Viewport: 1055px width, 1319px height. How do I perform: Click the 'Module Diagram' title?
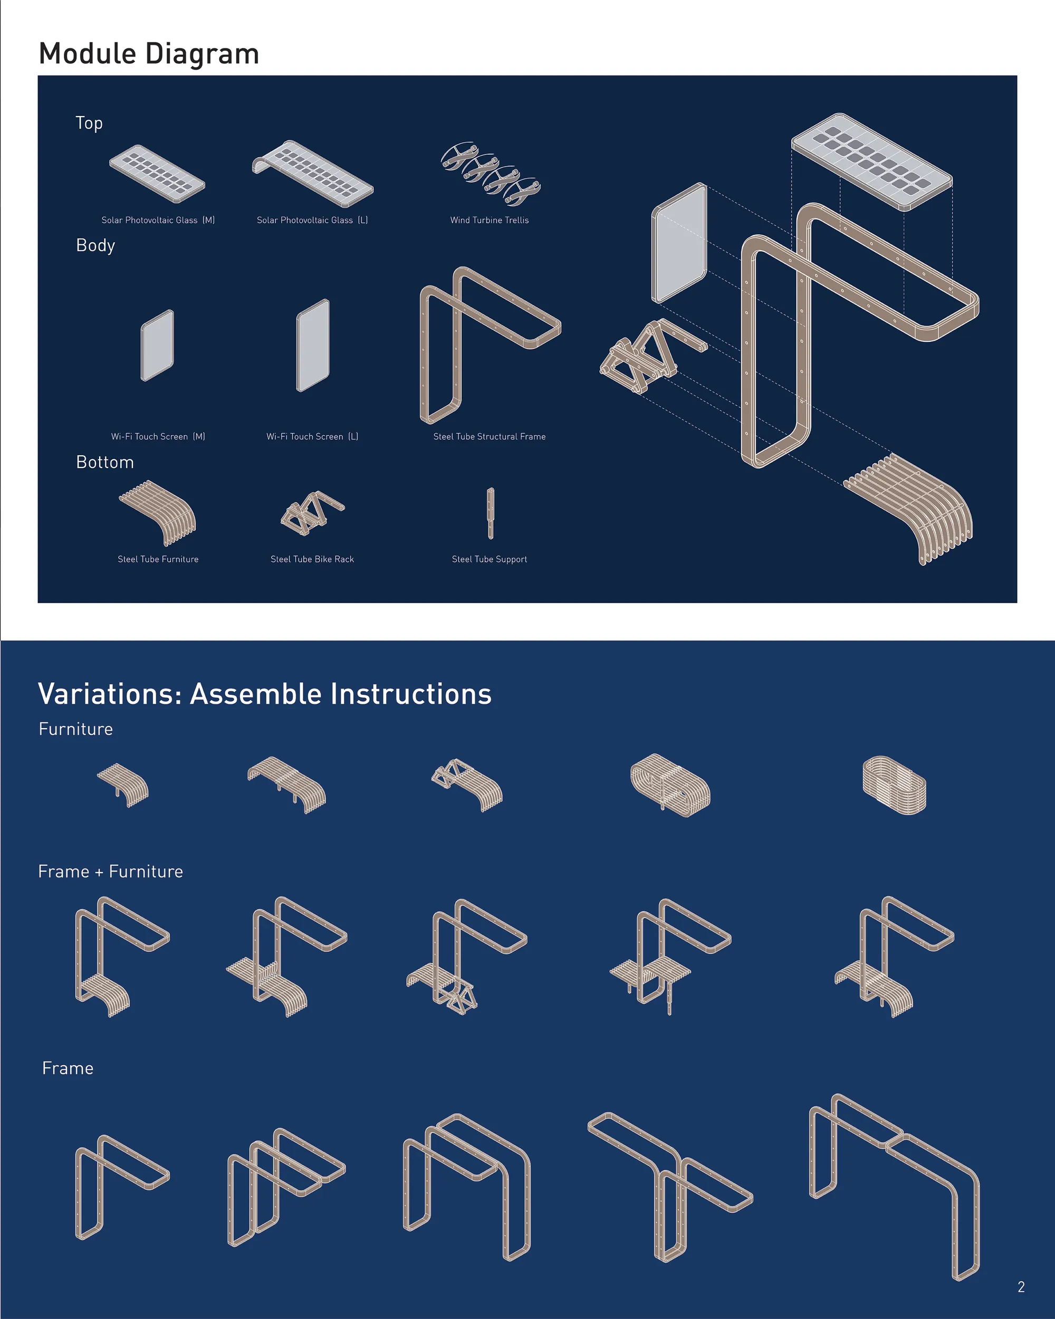coord(149,54)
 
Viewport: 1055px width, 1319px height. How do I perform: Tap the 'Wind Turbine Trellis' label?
coord(490,220)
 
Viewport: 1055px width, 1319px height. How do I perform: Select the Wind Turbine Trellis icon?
coord(491,174)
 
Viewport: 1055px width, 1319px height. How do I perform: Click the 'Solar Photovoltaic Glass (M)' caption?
coord(158,220)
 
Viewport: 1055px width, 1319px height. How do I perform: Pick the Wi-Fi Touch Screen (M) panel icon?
coord(157,346)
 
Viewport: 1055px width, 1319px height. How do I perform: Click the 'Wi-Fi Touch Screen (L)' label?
coord(312,437)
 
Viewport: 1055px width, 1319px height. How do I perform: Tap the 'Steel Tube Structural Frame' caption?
coord(490,437)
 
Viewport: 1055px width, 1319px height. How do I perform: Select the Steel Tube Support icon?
coord(491,513)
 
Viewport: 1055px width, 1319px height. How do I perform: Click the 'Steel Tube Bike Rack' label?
coord(312,559)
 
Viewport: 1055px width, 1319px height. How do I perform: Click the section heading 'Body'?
coord(95,245)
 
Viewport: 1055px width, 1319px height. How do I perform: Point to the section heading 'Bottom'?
coord(104,462)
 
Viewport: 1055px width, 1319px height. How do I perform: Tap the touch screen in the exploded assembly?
coord(679,243)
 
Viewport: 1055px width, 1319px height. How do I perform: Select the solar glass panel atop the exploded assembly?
coord(871,161)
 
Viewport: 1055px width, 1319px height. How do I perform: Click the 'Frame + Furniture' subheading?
coord(111,871)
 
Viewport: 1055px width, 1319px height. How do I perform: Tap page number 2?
coord(1021,1287)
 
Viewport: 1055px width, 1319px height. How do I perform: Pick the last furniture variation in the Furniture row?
coord(894,785)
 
